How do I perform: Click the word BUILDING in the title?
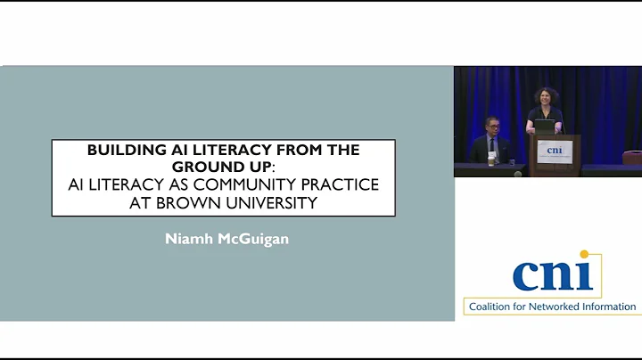click(120, 151)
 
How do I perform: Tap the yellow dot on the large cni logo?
click(585, 256)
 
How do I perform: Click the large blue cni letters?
click(550, 274)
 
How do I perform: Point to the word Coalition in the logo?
click(493, 307)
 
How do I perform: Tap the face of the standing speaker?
click(544, 96)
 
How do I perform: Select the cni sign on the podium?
click(556, 150)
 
